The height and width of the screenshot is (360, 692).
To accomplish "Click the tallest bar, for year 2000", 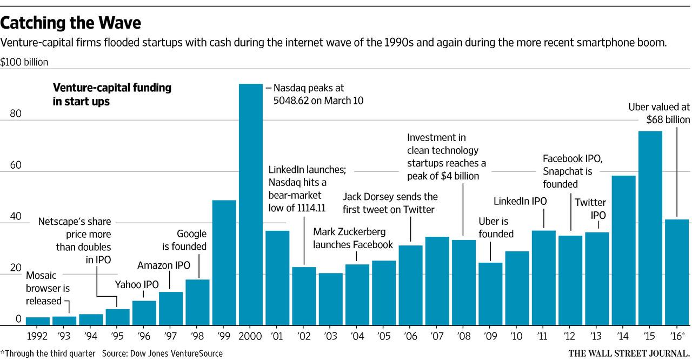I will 251,205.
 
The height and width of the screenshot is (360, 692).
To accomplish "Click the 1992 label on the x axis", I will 38,335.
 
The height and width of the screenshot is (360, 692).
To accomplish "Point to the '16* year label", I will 677,335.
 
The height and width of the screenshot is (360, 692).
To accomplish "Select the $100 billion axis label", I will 24,62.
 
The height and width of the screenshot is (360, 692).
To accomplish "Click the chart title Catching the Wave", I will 71,23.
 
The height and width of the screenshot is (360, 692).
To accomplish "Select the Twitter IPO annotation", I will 590,208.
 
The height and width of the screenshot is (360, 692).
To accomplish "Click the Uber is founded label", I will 496,228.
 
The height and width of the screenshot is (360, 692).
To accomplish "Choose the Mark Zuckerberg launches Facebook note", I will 353,238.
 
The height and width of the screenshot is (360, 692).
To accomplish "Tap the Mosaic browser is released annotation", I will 48,288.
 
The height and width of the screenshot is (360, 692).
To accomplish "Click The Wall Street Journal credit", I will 629,353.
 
